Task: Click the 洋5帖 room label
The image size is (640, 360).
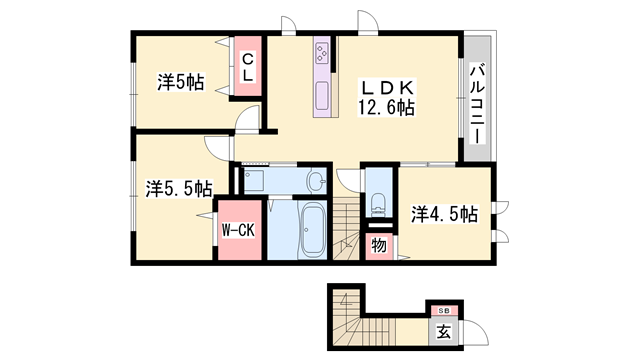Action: coord(180,82)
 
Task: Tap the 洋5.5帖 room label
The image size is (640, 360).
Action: coord(179,187)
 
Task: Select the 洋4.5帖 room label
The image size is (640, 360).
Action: coord(443,212)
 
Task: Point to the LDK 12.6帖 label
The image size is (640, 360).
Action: coord(387,97)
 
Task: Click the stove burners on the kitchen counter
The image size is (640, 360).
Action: coord(324,51)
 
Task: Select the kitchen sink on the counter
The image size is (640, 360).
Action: coord(324,97)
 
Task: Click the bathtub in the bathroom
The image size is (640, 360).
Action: coord(311,229)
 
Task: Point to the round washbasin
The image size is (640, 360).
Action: coord(316,181)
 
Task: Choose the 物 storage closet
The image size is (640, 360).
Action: coord(379,245)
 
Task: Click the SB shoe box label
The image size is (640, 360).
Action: coord(441,310)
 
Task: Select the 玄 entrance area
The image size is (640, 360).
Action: coord(441,331)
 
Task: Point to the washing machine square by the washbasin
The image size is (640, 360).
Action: coord(253,181)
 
